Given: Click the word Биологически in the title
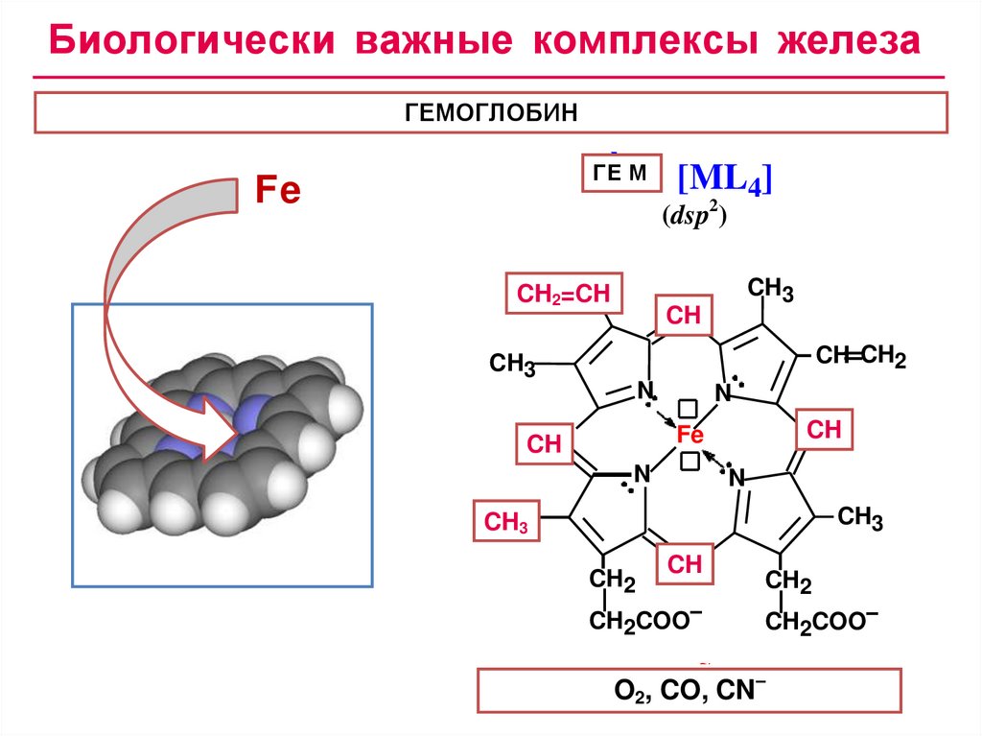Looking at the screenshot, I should [x=192, y=42].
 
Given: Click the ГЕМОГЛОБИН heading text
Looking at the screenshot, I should [x=491, y=113].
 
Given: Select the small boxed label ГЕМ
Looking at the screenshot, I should [x=621, y=173].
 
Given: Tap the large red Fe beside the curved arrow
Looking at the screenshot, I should [x=277, y=191].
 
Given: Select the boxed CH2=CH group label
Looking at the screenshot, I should [x=564, y=294].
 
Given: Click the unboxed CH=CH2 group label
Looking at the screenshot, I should [x=860, y=357].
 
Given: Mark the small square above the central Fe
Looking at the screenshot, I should [x=688, y=407].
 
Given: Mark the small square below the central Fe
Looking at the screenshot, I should [x=689, y=463].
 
